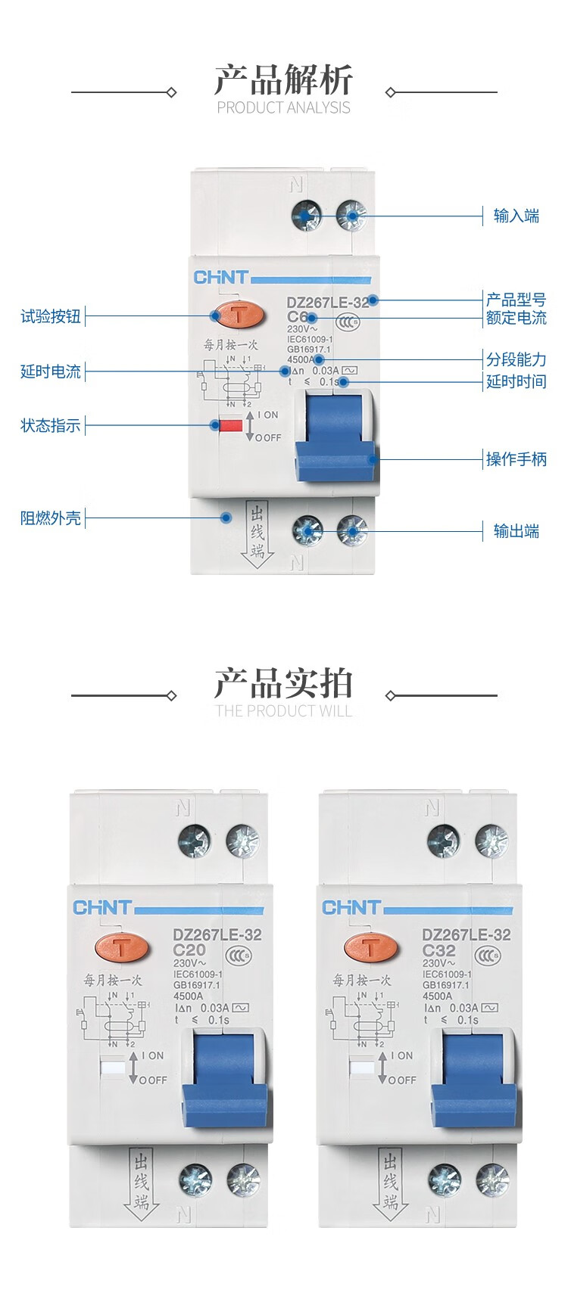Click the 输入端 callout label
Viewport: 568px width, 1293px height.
516,216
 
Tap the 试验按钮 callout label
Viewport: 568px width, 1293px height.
50,316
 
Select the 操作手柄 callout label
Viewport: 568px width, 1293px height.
516,458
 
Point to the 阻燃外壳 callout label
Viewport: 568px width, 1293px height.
50,518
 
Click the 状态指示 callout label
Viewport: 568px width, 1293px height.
50,425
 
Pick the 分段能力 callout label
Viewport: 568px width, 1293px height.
516,359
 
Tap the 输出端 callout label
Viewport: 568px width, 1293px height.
516,531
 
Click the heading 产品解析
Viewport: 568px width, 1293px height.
283,79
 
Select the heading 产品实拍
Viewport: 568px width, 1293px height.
283,683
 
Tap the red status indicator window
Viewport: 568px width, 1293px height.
230,425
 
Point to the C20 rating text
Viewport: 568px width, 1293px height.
189,950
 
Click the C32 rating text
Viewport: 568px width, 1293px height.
438,950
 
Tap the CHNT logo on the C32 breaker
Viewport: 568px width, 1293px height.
351,907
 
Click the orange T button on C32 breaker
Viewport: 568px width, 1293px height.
370,946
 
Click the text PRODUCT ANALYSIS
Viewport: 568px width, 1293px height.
283,107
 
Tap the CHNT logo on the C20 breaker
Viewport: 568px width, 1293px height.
101,907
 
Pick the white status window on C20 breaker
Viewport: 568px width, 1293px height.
112,1068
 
